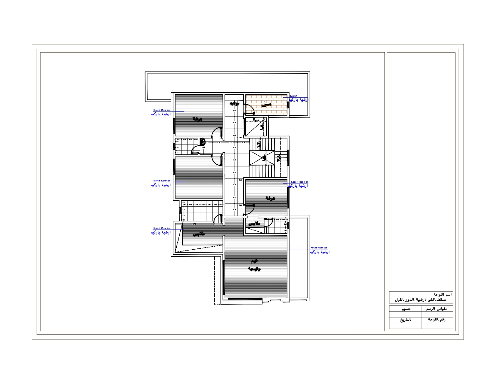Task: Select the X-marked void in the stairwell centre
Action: [x=262, y=158]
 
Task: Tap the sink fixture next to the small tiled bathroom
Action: [x=202, y=141]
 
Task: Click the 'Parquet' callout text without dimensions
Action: [x=293, y=96]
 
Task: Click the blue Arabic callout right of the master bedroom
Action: [x=319, y=252]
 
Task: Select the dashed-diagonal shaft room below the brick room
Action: [x=255, y=126]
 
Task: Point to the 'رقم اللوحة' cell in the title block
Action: [x=437, y=320]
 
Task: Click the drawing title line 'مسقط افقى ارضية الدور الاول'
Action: [x=421, y=300]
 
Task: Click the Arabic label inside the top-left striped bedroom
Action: [x=197, y=119]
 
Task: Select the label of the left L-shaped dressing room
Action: [x=198, y=234]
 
